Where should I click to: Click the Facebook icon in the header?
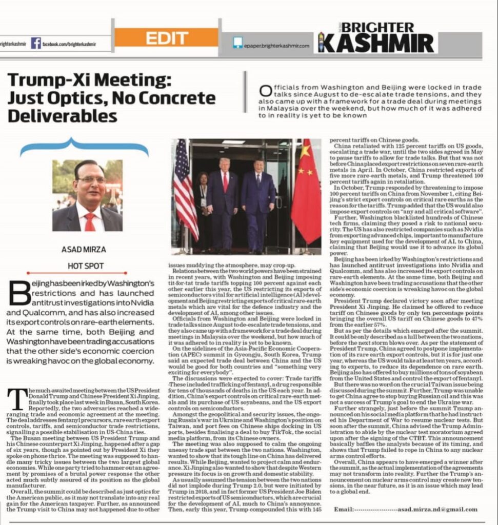[36, 43]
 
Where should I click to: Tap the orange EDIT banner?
[167, 38]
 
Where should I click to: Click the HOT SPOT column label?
[86, 266]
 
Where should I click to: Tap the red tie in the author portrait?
[90, 220]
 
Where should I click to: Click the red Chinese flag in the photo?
[307, 192]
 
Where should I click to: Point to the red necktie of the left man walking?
[225, 181]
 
